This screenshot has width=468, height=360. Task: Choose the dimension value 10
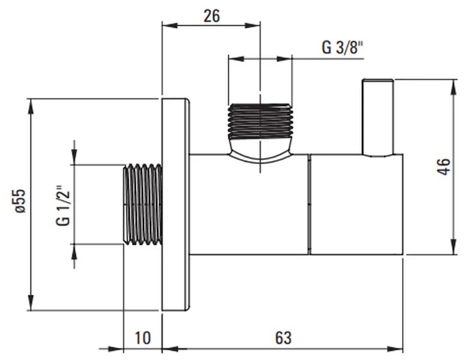143,337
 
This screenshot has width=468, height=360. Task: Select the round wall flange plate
176,204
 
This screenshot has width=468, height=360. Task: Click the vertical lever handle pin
377,117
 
